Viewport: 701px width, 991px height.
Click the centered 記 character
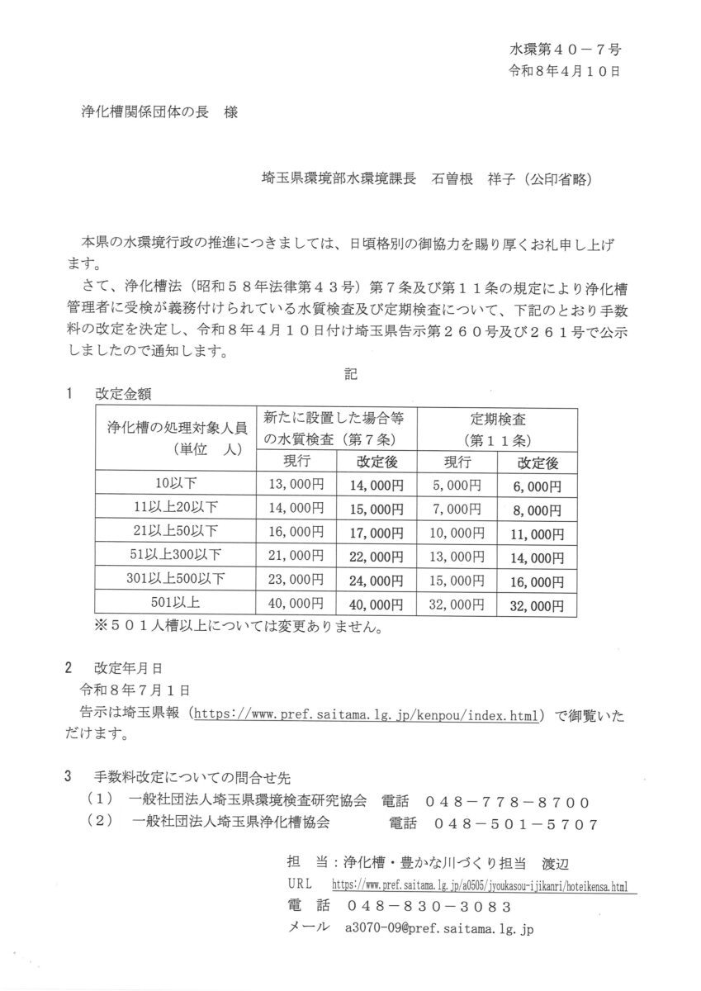pos(350,372)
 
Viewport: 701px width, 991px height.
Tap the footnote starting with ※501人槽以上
pos(239,628)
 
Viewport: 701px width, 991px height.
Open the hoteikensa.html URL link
pos(479,884)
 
